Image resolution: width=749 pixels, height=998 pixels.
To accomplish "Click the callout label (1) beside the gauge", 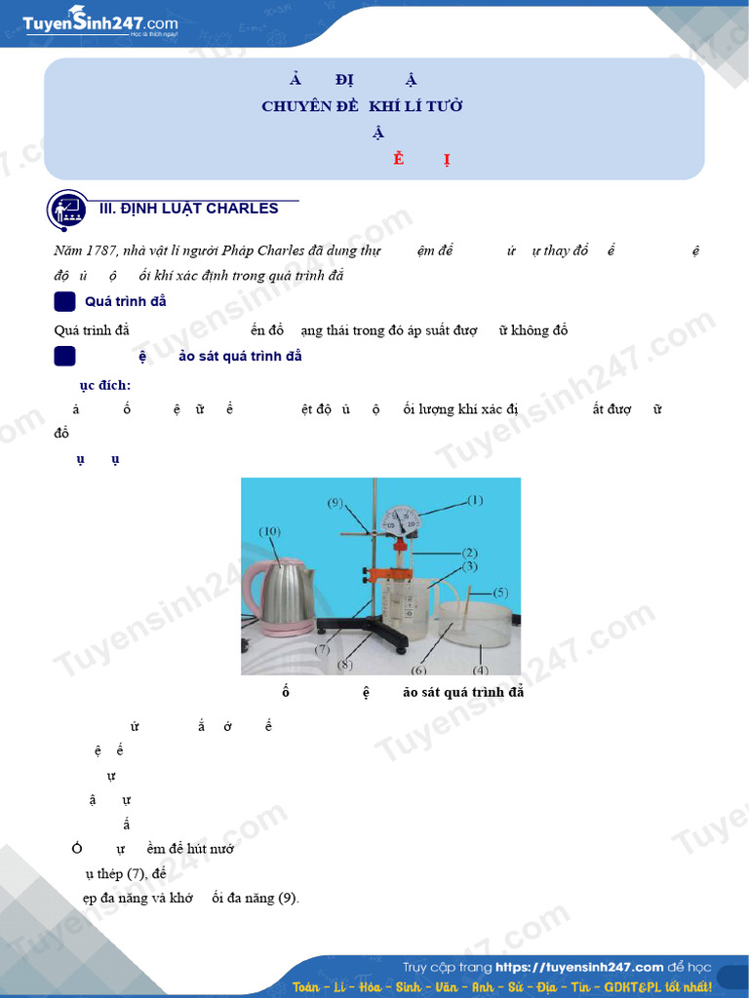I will tap(474, 500).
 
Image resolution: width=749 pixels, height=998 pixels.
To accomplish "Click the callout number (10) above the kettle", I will tap(270, 531).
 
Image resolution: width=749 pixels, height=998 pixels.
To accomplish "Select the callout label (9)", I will tap(335, 503).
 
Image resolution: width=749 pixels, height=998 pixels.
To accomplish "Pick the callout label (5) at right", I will tap(500, 592).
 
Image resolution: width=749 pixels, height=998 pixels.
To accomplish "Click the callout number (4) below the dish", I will tap(480, 671).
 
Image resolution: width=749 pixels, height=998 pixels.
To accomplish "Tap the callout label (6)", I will tap(419, 671).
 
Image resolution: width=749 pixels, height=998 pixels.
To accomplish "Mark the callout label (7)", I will tap(322, 648).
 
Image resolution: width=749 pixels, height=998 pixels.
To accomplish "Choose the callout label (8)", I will tap(344, 666).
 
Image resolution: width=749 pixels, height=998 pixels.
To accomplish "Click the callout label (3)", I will tap(469, 566).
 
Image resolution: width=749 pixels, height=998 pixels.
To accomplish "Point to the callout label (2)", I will tap(469, 552).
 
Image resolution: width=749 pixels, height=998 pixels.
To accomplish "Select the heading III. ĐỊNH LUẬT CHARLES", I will tap(189, 209).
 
